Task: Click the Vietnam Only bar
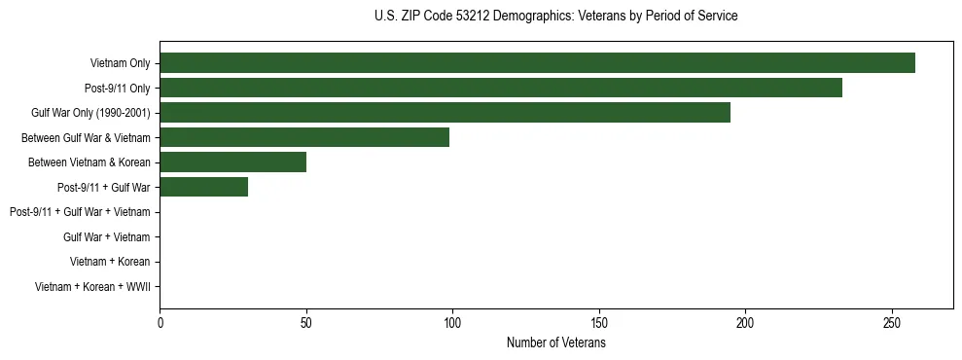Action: (537, 63)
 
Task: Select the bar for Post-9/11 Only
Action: (501, 88)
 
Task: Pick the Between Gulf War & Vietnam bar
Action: (304, 137)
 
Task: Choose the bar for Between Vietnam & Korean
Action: (232, 162)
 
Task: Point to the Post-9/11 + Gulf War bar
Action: (203, 187)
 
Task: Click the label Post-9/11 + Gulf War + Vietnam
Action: (80, 212)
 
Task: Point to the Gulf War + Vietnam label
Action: (106, 236)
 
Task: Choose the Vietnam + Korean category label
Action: (110, 262)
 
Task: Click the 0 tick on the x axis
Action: (160, 322)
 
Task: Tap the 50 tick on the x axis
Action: (306, 322)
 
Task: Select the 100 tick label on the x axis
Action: (452, 322)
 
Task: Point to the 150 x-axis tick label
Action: (599, 322)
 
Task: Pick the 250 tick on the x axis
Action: (892, 322)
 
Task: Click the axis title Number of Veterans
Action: (555, 342)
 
